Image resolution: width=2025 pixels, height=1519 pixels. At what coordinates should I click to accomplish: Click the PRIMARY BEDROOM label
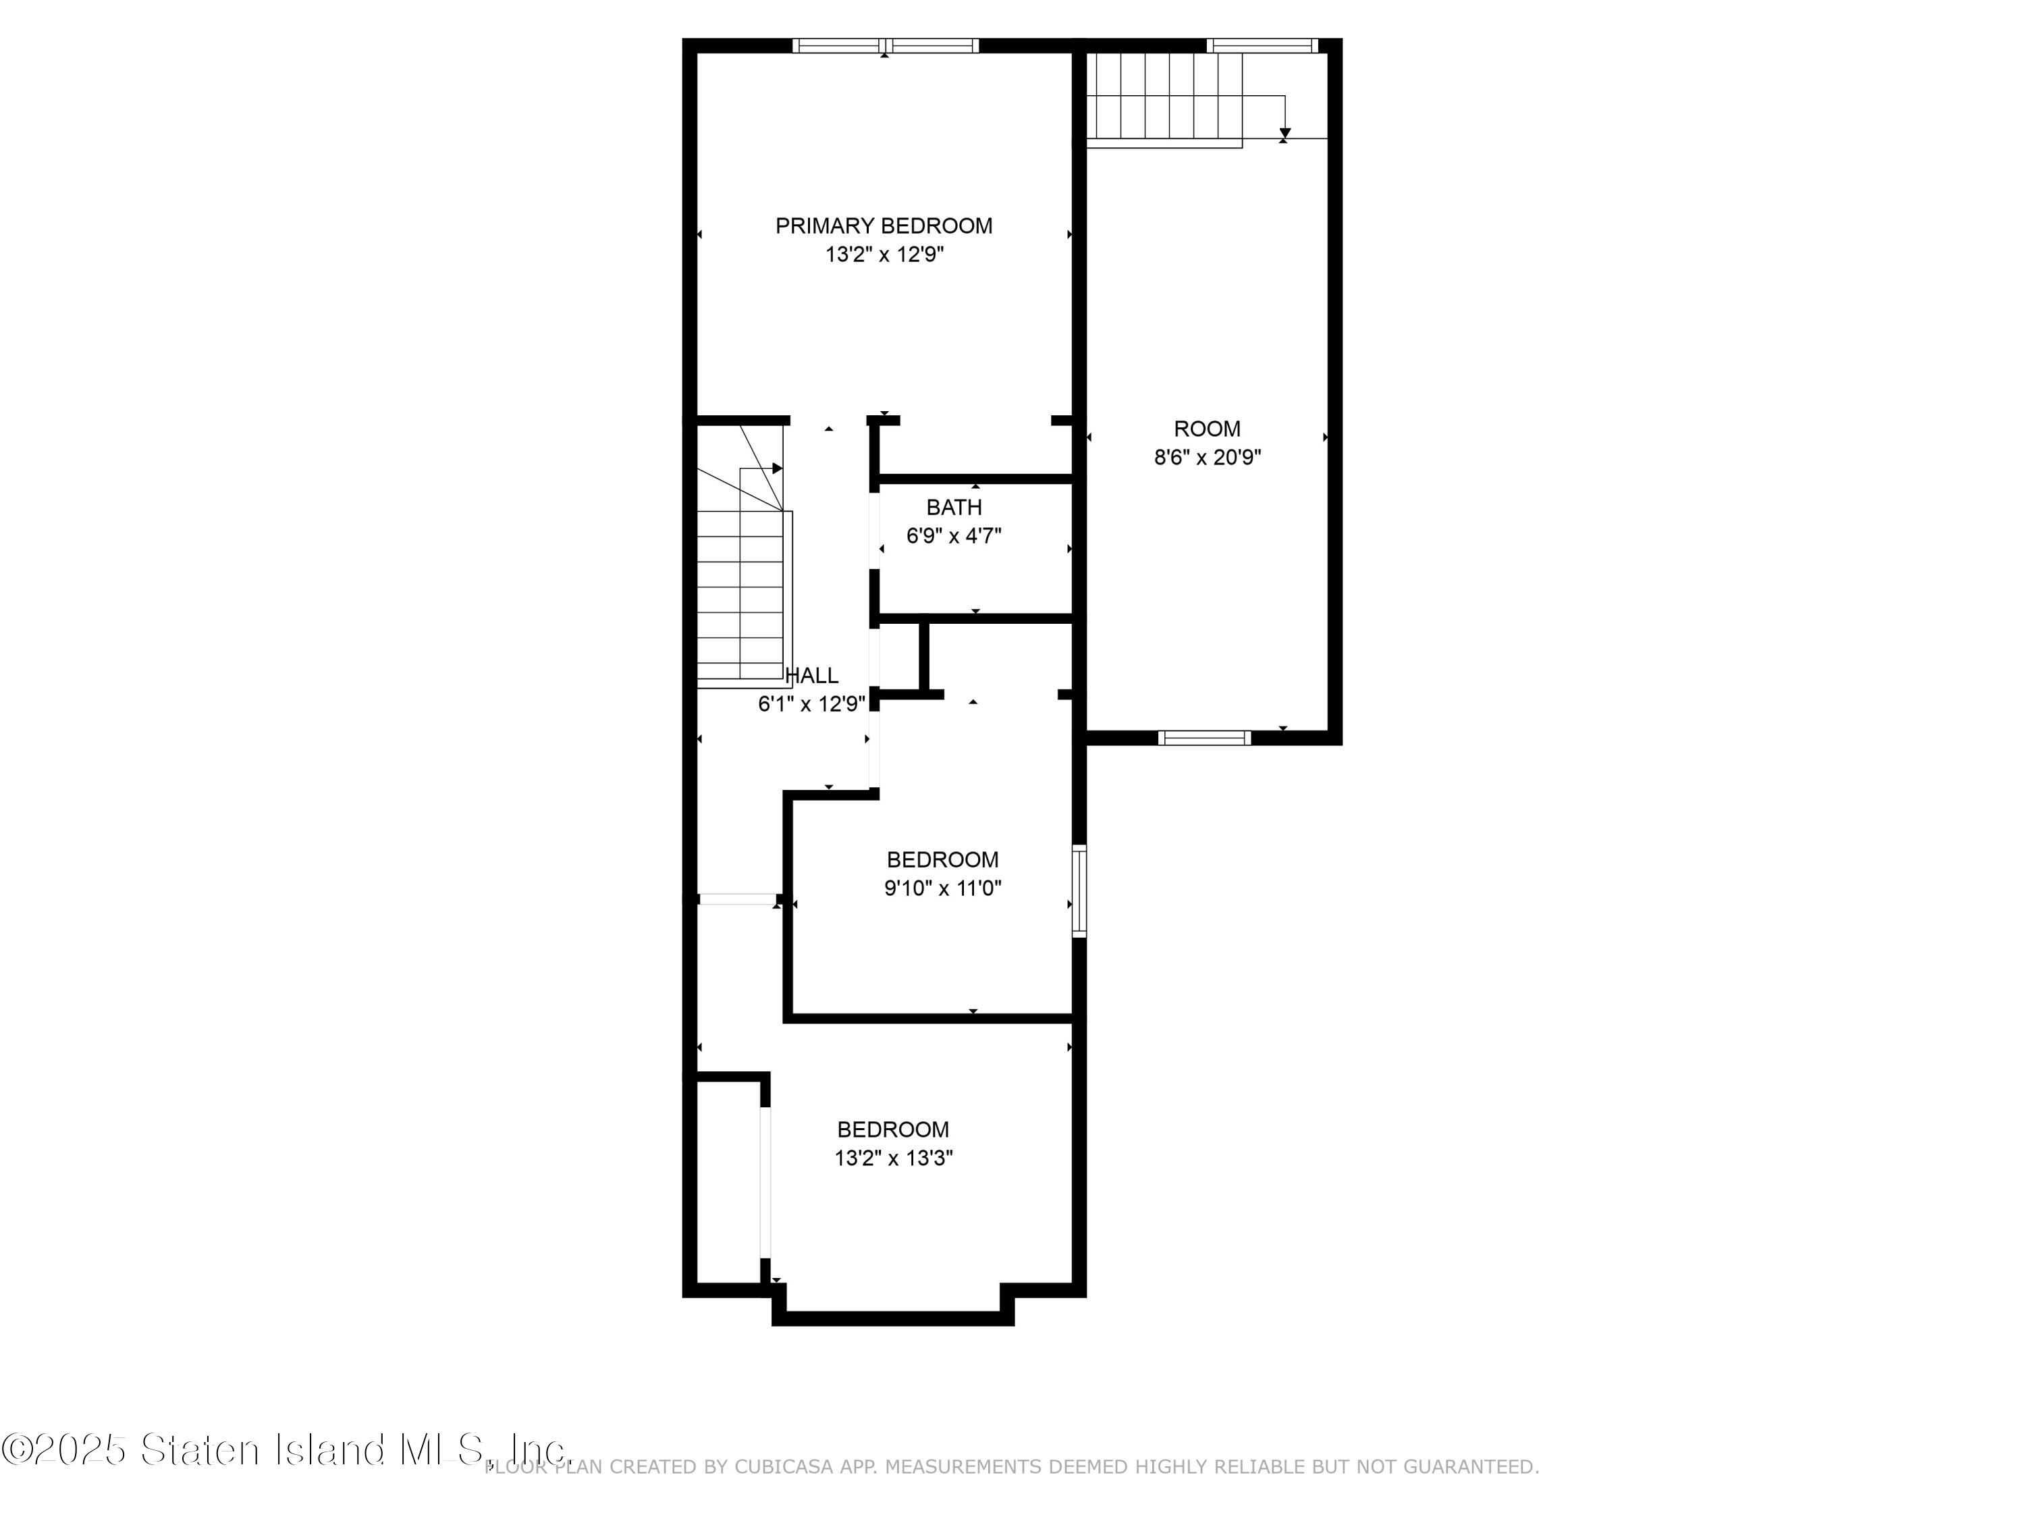[884, 226]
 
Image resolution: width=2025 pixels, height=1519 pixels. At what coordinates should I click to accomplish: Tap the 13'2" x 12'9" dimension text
[884, 255]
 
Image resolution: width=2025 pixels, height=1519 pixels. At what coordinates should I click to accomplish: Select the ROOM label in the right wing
[1208, 429]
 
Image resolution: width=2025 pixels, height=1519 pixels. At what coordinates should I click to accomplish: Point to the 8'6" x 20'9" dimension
[1208, 457]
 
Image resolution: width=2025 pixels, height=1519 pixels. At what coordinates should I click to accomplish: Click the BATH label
[954, 507]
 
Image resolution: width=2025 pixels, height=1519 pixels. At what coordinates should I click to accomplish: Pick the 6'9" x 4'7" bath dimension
[954, 535]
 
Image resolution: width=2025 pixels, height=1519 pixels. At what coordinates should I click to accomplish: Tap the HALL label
[813, 676]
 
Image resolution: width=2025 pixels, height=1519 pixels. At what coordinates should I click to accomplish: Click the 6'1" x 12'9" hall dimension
[812, 704]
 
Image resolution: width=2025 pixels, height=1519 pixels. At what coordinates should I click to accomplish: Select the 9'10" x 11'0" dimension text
[943, 888]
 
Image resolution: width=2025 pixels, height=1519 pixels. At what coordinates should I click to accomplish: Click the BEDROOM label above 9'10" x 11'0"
[943, 860]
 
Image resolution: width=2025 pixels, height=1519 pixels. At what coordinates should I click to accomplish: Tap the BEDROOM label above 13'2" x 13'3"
[894, 1130]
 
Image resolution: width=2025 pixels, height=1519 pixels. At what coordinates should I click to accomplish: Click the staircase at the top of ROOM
[1164, 99]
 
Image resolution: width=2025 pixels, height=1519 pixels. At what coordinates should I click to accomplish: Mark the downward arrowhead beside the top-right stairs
[1285, 134]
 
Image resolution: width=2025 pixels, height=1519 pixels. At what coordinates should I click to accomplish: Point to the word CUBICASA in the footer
[784, 1467]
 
